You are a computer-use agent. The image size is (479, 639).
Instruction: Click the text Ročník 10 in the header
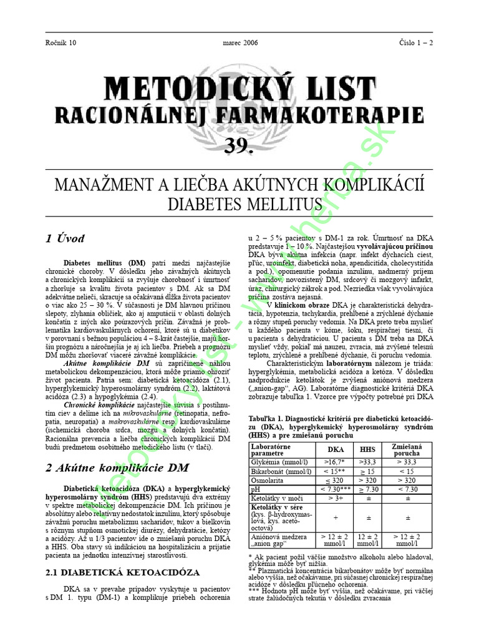click(62, 42)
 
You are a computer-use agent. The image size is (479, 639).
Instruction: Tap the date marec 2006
click(239, 42)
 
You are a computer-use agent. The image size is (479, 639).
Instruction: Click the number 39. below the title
click(239, 146)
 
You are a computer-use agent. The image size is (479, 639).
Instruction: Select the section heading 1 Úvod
click(65, 238)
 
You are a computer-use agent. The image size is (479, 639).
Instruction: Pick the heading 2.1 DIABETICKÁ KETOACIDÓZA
click(123, 572)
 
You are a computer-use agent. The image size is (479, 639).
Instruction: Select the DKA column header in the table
click(336, 449)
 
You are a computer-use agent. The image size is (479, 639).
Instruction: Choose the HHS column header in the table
click(368, 449)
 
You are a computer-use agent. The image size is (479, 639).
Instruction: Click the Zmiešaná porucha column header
click(407, 450)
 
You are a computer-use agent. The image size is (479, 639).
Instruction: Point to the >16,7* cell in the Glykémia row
click(336, 462)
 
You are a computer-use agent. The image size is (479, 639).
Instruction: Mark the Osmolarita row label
click(268, 480)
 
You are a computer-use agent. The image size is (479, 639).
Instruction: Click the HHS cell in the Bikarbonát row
click(368, 471)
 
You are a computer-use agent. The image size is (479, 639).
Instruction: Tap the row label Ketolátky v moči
click(277, 499)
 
